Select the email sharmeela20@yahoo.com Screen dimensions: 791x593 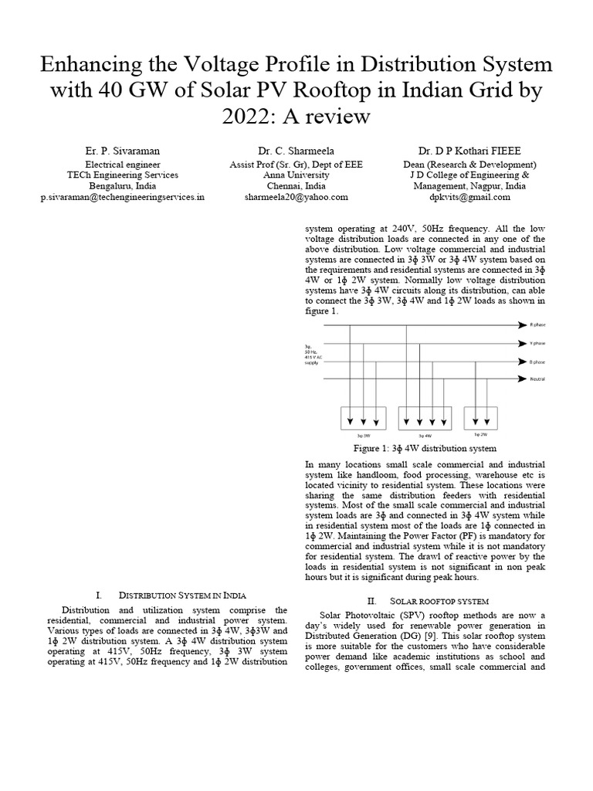[x=296, y=197]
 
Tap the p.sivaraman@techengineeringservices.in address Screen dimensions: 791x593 [x=123, y=197]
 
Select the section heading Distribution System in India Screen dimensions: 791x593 [x=182, y=595]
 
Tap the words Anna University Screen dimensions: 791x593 [x=296, y=175]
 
